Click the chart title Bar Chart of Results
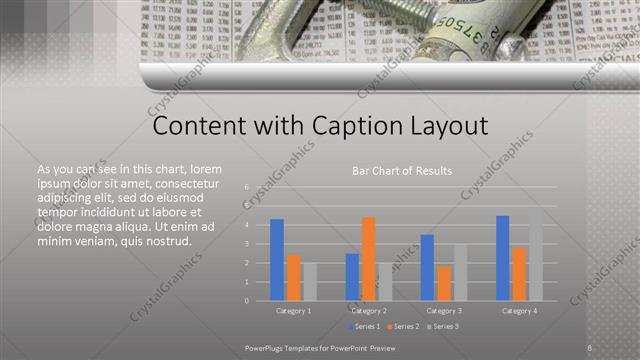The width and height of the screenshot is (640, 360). tap(402, 171)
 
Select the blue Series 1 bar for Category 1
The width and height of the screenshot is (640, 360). tap(277, 260)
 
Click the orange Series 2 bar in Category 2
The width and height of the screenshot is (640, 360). tap(369, 259)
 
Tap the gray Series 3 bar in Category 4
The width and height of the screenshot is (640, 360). tap(535, 254)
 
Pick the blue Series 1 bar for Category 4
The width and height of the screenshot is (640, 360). tap(503, 258)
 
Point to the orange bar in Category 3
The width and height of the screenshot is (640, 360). tap(444, 283)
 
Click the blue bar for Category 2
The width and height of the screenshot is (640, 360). tap(352, 277)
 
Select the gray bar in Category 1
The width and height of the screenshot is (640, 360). tap(310, 281)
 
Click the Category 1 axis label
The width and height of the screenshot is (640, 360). tap(293, 311)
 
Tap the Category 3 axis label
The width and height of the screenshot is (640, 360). tap(443, 311)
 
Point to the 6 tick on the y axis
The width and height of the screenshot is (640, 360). tap(246, 187)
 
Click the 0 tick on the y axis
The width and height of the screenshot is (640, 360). tap(246, 300)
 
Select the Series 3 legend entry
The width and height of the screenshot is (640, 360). tap(444, 327)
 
